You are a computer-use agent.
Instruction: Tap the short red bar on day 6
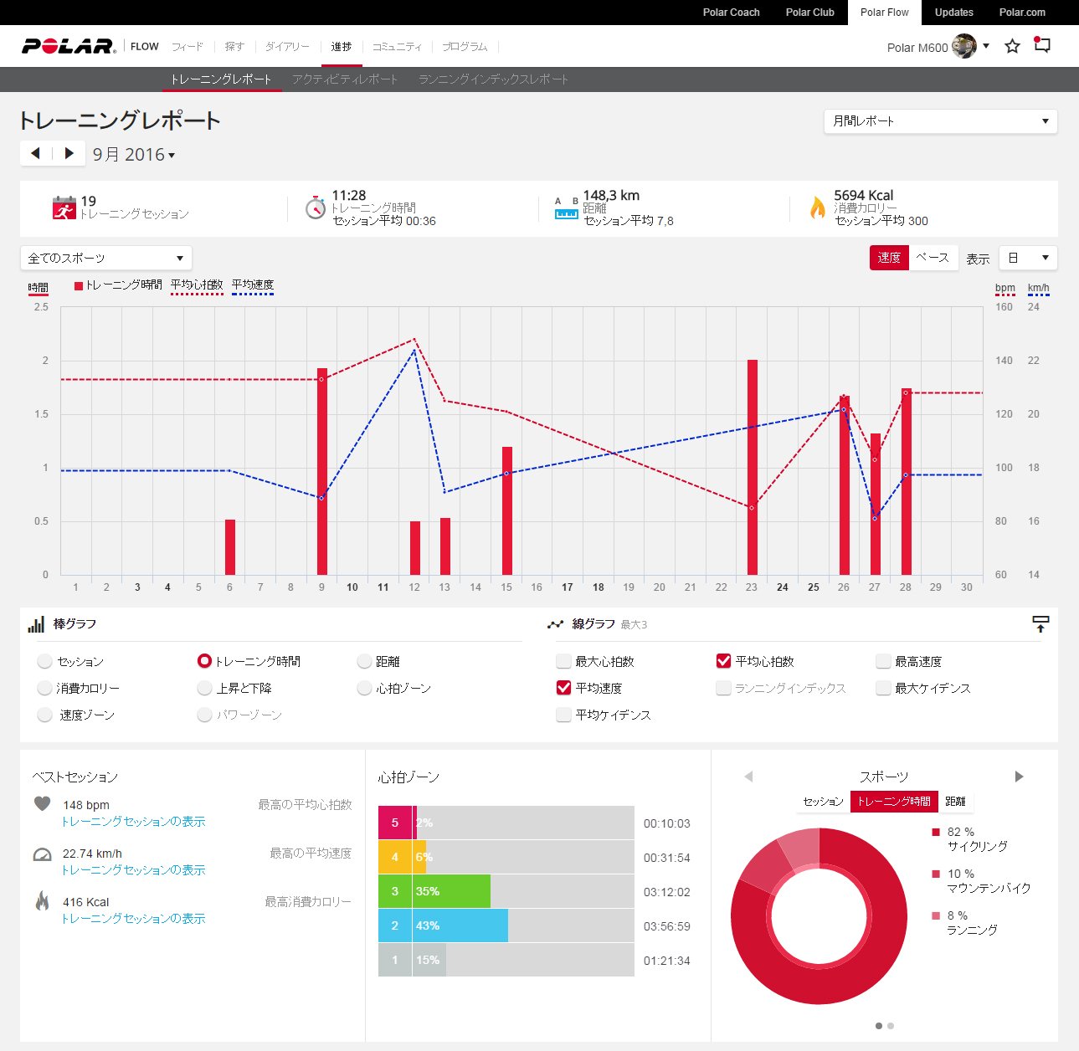[x=230, y=547]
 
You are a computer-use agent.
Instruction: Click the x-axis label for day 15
[x=506, y=587]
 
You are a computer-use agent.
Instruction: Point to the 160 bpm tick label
[x=1004, y=307]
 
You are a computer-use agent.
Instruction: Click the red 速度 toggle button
[x=889, y=258]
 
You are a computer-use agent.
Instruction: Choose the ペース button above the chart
[x=933, y=258]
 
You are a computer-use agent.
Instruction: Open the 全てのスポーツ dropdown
[x=105, y=258]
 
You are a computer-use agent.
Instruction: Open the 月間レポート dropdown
[x=940, y=121]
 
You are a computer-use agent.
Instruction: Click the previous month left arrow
[x=35, y=153]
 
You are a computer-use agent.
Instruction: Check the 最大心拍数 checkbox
[x=563, y=661]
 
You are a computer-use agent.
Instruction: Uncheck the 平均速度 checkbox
[x=563, y=688]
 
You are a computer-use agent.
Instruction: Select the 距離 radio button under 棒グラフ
[x=364, y=661]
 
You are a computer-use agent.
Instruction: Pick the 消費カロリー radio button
[x=44, y=688]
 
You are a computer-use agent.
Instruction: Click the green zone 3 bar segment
[x=451, y=891]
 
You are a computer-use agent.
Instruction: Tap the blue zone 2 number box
[x=395, y=925]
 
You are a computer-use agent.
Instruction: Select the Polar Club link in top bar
[x=809, y=13]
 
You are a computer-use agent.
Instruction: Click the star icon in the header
[x=1012, y=46]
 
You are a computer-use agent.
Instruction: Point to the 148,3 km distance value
[x=611, y=196]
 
